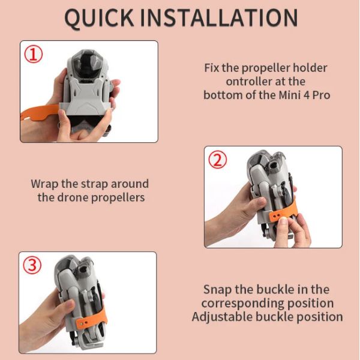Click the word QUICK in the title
pyautogui.click(x=99, y=18)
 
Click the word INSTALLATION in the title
pyautogui.click(x=219, y=17)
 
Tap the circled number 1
pyautogui.click(x=34, y=54)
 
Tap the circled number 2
pyautogui.click(x=217, y=160)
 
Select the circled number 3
pyautogui.click(x=32, y=265)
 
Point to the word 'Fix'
pyautogui.click(x=211, y=68)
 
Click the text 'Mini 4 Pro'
pyautogui.click(x=304, y=95)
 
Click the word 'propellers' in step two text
pyautogui.click(x=118, y=198)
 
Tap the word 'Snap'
pyautogui.click(x=218, y=290)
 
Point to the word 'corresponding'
pyautogui.click(x=242, y=304)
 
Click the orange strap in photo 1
pyautogui.click(x=40, y=112)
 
